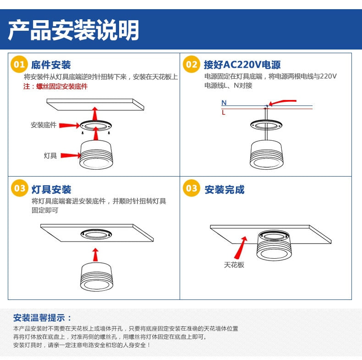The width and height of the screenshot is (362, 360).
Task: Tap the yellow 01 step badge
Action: (19, 65)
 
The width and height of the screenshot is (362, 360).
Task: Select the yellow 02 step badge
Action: (192, 65)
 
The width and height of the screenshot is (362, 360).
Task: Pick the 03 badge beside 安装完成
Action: (192, 188)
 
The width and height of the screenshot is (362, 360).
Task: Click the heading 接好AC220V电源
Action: (242, 65)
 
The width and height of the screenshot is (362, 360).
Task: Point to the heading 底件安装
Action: (51, 65)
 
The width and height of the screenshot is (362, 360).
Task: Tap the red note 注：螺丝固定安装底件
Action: (55, 86)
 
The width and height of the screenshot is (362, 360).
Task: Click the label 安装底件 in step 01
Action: (44, 125)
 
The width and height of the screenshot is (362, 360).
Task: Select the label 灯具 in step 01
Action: (50, 155)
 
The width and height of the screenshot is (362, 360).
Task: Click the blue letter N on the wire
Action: (224, 103)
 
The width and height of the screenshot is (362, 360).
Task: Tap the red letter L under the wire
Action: (224, 112)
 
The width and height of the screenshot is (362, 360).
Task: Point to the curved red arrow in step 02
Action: (282, 102)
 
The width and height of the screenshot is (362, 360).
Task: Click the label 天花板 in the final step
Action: (234, 265)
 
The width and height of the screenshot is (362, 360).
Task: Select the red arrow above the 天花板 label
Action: (241, 248)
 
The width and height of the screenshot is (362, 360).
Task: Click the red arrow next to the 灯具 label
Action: (71, 155)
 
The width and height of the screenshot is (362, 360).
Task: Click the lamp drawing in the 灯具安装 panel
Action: (96, 277)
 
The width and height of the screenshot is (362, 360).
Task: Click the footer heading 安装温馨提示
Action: (43, 318)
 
